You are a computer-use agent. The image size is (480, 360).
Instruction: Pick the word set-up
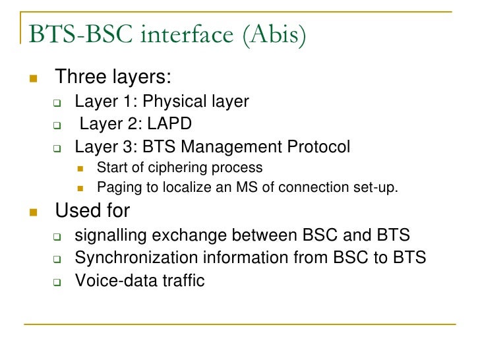(x=375, y=188)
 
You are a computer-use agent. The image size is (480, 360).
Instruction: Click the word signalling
(x=109, y=235)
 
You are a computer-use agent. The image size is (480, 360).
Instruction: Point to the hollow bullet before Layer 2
(x=57, y=125)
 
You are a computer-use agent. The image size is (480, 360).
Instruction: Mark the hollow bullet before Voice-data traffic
(x=57, y=282)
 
